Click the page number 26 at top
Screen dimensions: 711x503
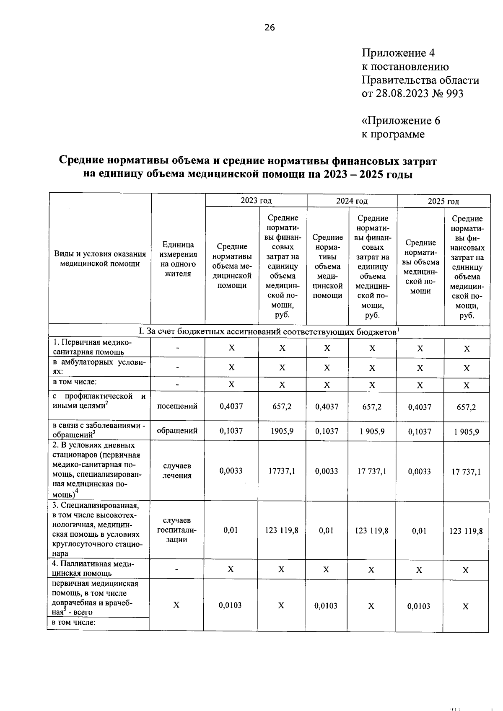click(x=270, y=28)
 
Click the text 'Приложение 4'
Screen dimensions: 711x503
click(x=398, y=53)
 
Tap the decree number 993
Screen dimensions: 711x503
click(x=455, y=93)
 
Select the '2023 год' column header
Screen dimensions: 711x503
click(x=256, y=200)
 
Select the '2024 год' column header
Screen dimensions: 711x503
click(x=352, y=201)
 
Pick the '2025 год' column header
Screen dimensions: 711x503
click(x=443, y=201)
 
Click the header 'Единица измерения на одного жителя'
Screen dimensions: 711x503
click(x=178, y=259)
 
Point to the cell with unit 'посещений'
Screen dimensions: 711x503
click(x=177, y=406)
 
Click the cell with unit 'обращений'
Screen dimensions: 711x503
click(x=177, y=431)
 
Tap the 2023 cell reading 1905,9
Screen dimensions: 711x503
click(x=283, y=431)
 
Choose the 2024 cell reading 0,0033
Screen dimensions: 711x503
click(x=327, y=471)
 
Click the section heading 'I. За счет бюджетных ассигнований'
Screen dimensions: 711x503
click(x=268, y=331)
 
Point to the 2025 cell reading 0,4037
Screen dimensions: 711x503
click(x=420, y=407)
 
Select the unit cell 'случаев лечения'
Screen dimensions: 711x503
click(x=177, y=471)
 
